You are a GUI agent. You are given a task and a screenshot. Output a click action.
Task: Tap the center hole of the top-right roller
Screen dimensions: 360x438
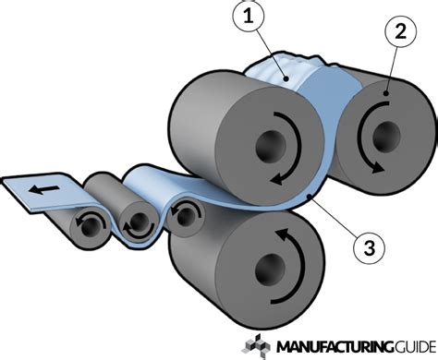coord(378,138)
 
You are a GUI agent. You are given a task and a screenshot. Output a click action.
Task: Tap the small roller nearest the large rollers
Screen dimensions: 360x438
coord(188,215)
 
